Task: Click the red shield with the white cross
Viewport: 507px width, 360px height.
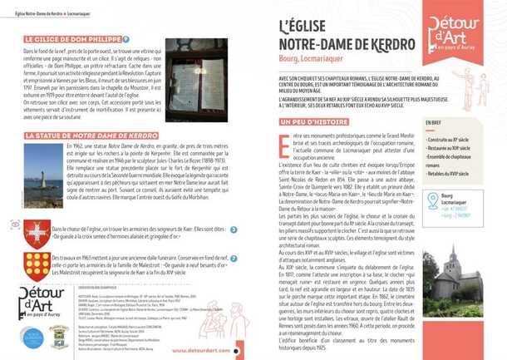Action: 37,233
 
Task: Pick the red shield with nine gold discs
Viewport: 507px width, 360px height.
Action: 37,265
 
